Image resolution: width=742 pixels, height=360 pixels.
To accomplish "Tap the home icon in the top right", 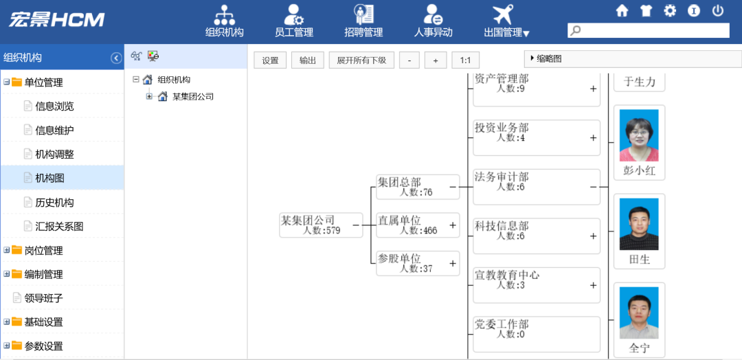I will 622,11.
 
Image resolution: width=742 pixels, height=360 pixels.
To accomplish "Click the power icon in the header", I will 718,11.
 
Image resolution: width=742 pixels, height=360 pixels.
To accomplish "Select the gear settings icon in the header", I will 670,11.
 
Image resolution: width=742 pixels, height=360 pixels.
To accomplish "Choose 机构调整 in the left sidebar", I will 54,155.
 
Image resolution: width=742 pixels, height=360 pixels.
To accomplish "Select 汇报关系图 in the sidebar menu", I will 59,226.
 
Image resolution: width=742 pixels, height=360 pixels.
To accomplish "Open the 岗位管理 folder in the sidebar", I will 43,250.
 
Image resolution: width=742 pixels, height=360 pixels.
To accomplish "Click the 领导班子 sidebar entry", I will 43,298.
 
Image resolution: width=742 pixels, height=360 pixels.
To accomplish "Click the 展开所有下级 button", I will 361,60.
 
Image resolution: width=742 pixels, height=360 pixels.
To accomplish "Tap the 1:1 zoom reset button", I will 465,60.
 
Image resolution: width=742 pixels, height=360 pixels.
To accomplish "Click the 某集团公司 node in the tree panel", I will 192,97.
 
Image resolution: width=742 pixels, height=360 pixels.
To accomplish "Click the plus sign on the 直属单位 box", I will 453,225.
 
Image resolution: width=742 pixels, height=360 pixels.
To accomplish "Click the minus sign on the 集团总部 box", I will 453,185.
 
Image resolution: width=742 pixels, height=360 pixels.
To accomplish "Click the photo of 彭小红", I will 639,135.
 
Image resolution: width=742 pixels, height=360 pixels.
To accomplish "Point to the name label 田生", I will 639,260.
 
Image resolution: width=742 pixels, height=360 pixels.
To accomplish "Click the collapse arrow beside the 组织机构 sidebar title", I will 116,58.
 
